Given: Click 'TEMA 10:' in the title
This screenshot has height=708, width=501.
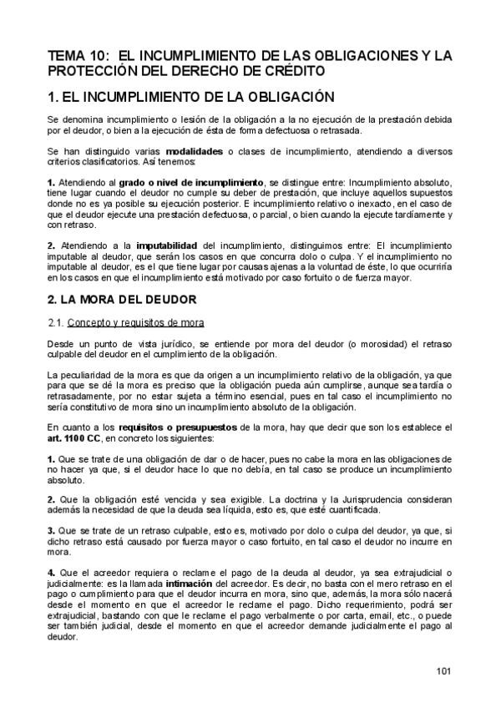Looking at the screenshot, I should [73, 56].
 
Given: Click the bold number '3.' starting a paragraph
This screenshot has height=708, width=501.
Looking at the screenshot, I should [51, 531].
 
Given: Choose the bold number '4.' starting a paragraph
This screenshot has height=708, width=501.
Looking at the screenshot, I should [51, 573].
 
